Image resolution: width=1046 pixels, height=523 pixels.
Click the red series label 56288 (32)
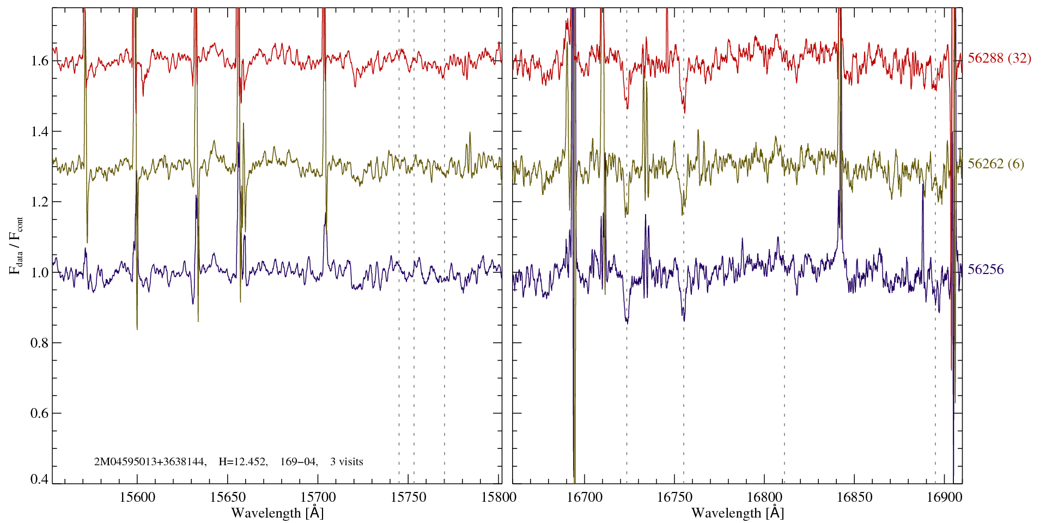[x=999, y=59]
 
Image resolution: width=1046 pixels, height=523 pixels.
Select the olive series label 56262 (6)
[x=995, y=164]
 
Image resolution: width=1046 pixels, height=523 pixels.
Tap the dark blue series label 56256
[x=986, y=270]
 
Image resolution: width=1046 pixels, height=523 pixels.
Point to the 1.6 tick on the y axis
[x=40, y=60]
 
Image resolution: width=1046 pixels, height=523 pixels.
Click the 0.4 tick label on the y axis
[x=40, y=479]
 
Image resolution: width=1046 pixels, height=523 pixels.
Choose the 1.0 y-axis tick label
[x=40, y=272]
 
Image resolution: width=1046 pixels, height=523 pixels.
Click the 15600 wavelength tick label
[x=137, y=497]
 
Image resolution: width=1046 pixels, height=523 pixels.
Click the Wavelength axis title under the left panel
[x=277, y=513]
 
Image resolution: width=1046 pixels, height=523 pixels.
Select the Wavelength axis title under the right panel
[x=737, y=513]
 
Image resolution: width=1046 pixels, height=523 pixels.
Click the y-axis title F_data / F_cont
[x=16, y=245]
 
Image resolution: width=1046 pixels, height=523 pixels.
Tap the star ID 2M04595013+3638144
[x=150, y=462]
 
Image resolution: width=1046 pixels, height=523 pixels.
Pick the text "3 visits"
[x=346, y=462]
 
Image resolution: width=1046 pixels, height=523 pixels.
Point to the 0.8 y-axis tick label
[x=40, y=343]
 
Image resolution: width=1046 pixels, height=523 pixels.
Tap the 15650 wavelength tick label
[x=228, y=497]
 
